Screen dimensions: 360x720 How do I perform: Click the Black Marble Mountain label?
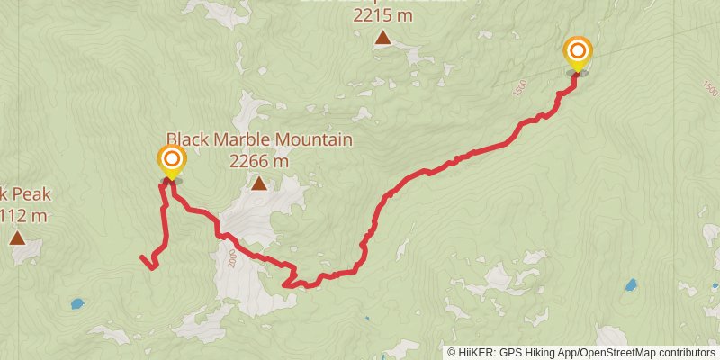[259, 141]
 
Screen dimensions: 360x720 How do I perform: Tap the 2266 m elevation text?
[259, 162]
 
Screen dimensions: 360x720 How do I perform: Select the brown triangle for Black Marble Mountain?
[259, 184]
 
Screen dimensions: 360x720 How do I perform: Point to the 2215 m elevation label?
[383, 15]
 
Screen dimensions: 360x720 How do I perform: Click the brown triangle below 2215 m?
[383, 38]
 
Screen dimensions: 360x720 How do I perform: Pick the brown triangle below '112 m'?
[17, 238]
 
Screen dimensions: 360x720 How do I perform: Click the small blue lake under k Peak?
[77, 304]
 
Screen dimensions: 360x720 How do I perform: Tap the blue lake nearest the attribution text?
[631, 285]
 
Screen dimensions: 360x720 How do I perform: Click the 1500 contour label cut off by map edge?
[709, 88]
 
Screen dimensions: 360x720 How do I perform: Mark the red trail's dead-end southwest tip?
[142, 259]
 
